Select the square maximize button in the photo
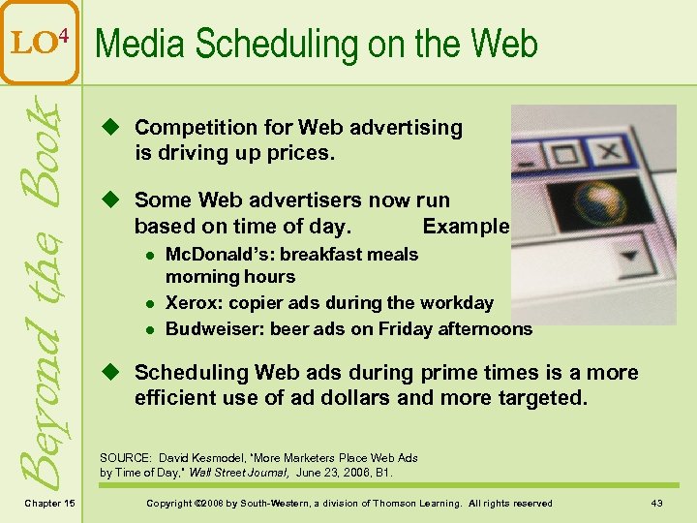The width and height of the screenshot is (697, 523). pyautogui.click(x=562, y=153)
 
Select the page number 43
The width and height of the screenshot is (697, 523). pyautogui.click(x=658, y=503)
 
